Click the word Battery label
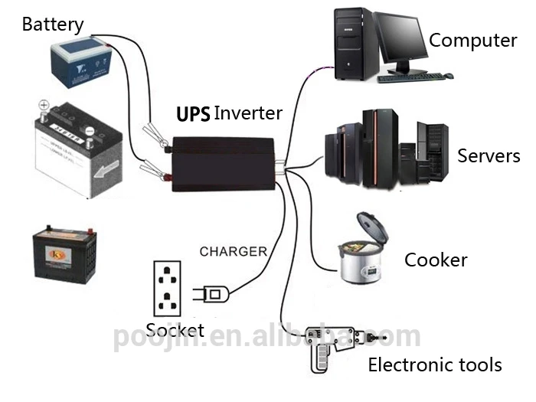click(x=53, y=24)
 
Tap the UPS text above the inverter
click(x=194, y=115)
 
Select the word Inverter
click(x=248, y=114)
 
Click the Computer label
click(x=472, y=41)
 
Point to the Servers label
click(x=489, y=157)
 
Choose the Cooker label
click(x=436, y=260)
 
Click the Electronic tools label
click(x=435, y=364)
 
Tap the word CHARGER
click(x=234, y=251)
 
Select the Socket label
click(x=175, y=331)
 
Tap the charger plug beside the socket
click(x=213, y=293)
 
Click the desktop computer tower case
click(x=353, y=44)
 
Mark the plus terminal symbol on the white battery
click(x=44, y=106)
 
